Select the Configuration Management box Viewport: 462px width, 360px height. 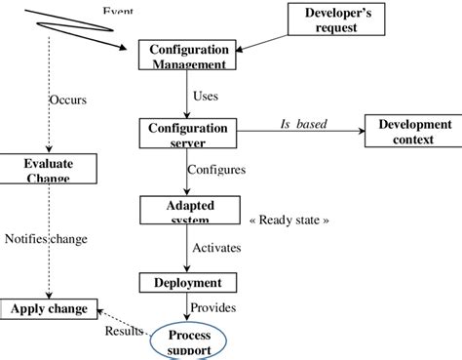tap(187, 56)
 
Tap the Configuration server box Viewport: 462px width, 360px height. tap(187, 134)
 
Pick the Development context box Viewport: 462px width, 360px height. tap(414, 131)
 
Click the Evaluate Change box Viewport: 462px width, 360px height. tap(49, 169)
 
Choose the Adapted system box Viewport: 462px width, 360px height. tap(189, 210)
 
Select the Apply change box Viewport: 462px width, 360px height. tap(49, 309)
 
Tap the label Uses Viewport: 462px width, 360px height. tap(206, 96)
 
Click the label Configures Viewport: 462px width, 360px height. tap(215, 169)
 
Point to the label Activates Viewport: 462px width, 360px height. tap(215, 247)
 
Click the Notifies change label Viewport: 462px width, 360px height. tap(46, 238)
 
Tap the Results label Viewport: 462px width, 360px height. tap(124, 331)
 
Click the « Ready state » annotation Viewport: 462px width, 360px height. tap(289, 220)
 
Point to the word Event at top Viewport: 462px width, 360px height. tap(118, 11)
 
